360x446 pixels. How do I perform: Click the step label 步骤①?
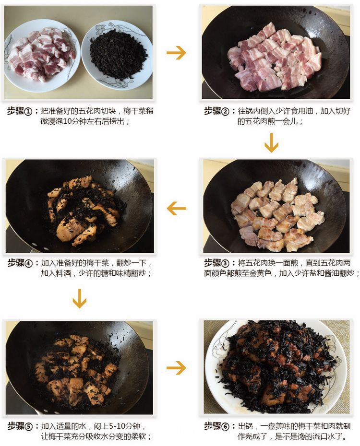click(x=20, y=110)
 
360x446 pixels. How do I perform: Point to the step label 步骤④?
click(x=20, y=263)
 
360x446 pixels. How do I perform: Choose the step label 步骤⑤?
click(x=20, y=426)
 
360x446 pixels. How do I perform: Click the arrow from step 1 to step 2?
click(x=176, y=52)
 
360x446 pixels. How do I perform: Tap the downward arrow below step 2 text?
click(x=271, y=142)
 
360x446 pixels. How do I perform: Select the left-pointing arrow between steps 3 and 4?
click(x=176, y=208)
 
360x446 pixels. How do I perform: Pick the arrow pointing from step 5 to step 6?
click(x=176, y=368)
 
